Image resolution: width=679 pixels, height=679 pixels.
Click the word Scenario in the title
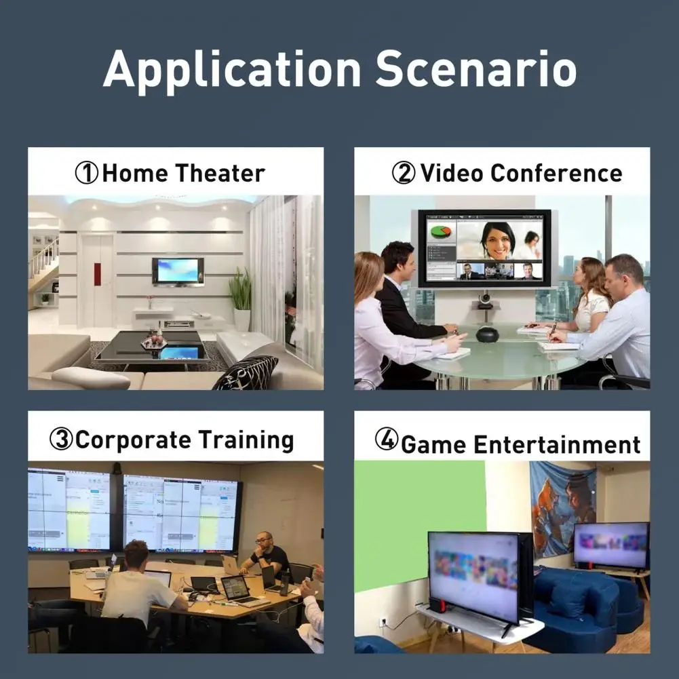476,69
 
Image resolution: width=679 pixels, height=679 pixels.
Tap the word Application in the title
232,71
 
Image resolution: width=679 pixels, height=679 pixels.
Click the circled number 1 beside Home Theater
86,173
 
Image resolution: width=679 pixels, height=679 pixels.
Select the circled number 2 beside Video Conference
404,172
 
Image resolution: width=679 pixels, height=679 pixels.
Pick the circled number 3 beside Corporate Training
60,439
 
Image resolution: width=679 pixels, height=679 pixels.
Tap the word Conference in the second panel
556,173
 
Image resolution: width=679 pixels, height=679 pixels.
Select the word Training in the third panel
246,441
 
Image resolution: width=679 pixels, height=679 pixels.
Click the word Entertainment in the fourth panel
557,444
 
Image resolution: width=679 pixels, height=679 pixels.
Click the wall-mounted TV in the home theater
178,272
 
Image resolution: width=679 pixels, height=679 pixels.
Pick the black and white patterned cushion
246,372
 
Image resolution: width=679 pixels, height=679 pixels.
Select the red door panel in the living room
97,274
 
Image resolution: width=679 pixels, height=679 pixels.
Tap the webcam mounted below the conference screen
485,300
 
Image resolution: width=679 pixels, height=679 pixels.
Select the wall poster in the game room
563,509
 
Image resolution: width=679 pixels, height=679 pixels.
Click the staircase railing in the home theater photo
43,258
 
